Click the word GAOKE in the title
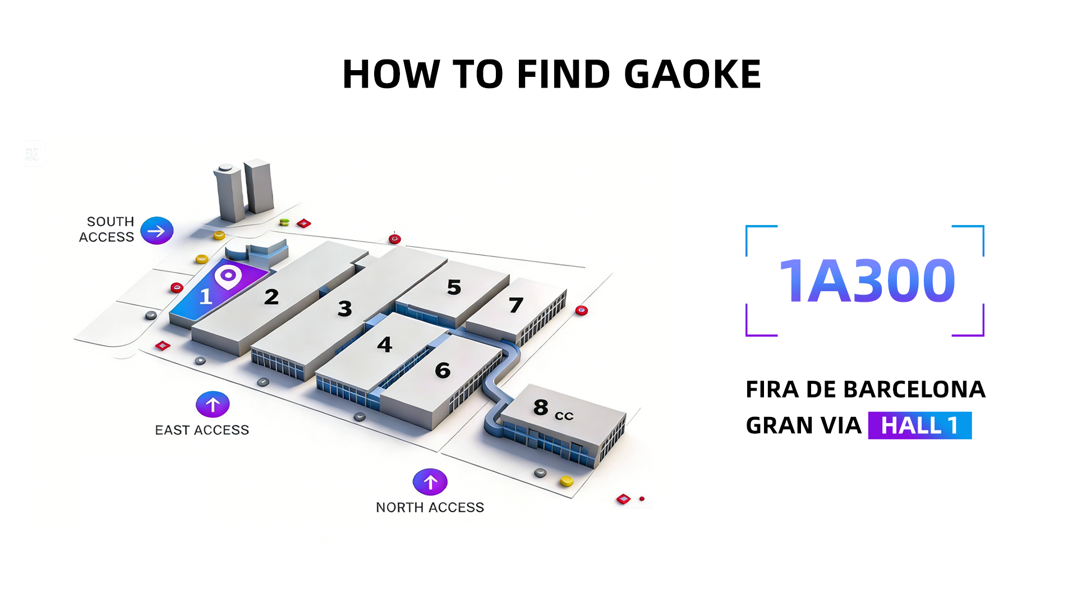(692, 74)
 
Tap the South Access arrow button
(157, 231)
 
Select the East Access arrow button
(213, 404)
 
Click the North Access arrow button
(430, 482)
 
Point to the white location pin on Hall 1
(228, 277)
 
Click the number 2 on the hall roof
(271, 297)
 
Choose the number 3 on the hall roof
(345, 308)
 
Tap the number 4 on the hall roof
(385, 344)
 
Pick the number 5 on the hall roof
(454, 287)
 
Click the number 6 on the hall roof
(443, 370)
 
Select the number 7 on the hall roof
(516, 305)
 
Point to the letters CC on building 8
(564, 416)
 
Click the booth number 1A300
(867, 281)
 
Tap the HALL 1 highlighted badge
(919, 425)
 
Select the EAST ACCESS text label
(202, 430)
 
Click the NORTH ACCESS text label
(430, 507)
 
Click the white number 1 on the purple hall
(206, 296)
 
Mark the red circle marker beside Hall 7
(582, 310)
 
